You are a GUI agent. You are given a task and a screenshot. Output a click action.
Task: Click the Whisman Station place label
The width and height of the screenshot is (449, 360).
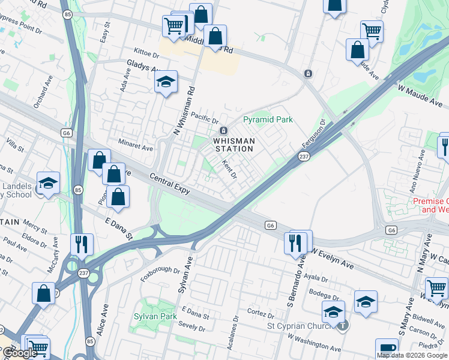235,145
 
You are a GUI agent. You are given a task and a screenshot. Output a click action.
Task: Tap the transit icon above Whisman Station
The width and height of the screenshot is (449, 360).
223,131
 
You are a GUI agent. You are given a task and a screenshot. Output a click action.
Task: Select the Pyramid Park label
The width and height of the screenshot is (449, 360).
268,119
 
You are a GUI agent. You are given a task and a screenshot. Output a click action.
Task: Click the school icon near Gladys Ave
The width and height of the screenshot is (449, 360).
166,83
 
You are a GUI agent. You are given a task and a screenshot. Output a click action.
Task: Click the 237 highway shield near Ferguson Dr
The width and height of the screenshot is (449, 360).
304,157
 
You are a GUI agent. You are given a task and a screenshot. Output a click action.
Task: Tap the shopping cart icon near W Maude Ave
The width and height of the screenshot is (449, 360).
372,31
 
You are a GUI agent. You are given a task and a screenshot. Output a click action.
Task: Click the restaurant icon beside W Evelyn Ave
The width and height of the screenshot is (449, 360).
294,243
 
